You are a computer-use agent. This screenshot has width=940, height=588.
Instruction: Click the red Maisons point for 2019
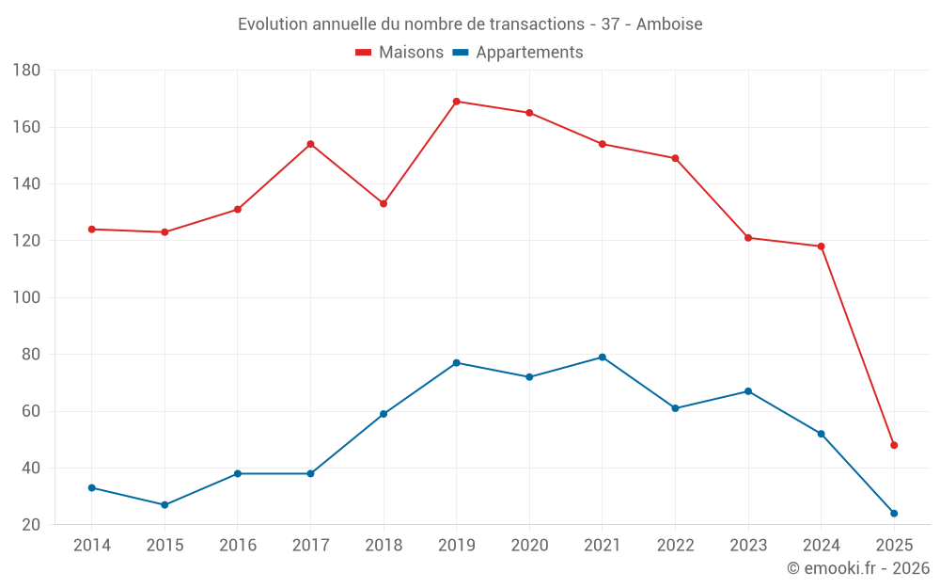point(456,102)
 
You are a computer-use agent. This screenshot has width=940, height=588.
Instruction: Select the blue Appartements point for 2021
point(603,358)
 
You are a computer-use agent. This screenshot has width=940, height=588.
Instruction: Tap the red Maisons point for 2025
point(894,445)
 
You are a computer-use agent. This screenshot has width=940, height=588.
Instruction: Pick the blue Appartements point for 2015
point(164,505)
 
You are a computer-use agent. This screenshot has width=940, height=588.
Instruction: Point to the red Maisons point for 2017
point(310,144)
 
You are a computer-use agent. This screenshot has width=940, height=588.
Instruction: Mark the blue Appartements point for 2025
point(894,514)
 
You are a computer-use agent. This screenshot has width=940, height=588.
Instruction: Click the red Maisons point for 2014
point(92,230)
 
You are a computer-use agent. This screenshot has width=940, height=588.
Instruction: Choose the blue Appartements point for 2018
point(384,414)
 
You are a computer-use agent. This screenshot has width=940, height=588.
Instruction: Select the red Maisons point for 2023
point(748,238)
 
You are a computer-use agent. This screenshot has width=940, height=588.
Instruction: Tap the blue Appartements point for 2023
point(748,391)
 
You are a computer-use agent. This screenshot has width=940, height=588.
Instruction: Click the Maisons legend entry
point(399,53)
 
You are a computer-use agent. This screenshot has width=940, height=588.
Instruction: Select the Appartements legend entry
point(518,53)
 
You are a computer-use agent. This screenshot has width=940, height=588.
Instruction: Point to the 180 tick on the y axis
point(26,71)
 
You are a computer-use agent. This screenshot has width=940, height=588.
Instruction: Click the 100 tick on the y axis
point(26,298)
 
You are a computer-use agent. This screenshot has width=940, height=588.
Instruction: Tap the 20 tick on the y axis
point(30,525)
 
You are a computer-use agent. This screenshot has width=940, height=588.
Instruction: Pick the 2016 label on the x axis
point(238,546)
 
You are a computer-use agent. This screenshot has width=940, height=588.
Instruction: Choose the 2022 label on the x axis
point(675,546)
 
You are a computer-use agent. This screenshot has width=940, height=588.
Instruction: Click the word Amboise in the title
point(669,24)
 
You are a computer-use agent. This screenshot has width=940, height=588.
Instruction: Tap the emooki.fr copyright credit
point(858,568)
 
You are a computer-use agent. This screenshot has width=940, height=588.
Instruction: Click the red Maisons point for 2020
point(529,113)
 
